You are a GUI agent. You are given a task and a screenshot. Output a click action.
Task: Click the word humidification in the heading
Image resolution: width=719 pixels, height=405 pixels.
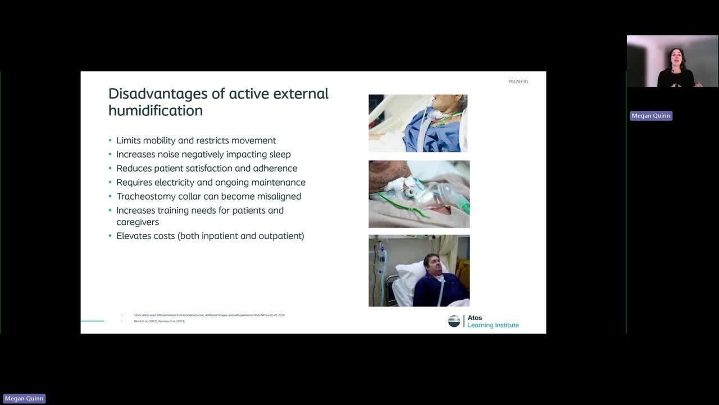(x=156, y=111)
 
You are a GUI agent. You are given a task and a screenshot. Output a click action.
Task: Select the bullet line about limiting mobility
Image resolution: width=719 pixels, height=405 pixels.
(x=196, y=141)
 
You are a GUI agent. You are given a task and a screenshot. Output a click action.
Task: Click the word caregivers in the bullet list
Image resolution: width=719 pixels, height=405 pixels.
(x=138, y=222)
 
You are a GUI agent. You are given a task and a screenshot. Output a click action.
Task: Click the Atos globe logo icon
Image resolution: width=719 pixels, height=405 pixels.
(x=454, y=321)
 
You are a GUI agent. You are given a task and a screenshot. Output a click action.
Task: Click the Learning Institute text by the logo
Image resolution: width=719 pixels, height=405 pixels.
(x=493, y=325)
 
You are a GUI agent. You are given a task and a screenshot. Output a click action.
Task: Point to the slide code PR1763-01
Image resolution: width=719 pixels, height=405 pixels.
(x=518, y=82)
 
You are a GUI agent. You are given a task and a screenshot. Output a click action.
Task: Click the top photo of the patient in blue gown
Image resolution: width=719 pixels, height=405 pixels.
(x=418, y=123)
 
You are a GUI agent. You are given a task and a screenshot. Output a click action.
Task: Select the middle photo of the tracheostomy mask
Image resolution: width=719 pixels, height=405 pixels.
(x=419, y=194)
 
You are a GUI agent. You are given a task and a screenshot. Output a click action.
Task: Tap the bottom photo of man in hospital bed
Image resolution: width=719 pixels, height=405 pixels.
(x=419, y=271)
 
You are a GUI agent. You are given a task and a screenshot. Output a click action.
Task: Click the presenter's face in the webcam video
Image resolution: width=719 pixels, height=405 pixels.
(x=676, y=57)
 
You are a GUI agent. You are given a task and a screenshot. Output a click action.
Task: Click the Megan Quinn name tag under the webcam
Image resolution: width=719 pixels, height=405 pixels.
(x=650, y=116)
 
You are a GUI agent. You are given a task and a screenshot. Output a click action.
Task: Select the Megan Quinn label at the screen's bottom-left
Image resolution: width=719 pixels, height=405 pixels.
(x=24, y=399)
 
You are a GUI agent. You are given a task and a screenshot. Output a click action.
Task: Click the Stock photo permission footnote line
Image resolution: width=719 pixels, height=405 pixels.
(x=209, y=315)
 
